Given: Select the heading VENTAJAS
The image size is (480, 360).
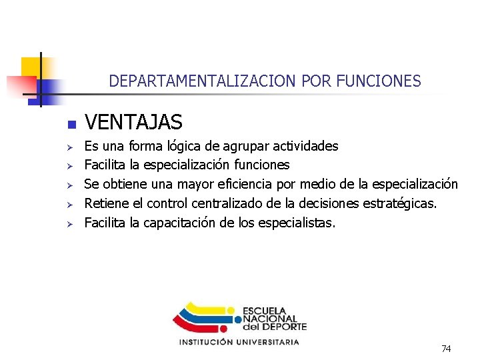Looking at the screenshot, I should [x=133, y=123].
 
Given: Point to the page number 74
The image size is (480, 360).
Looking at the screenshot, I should [x=446, y=349].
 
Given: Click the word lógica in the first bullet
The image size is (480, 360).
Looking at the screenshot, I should [x=173, y=146].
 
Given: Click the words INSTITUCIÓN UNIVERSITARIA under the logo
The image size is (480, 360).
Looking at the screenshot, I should [x=239, y=342].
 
